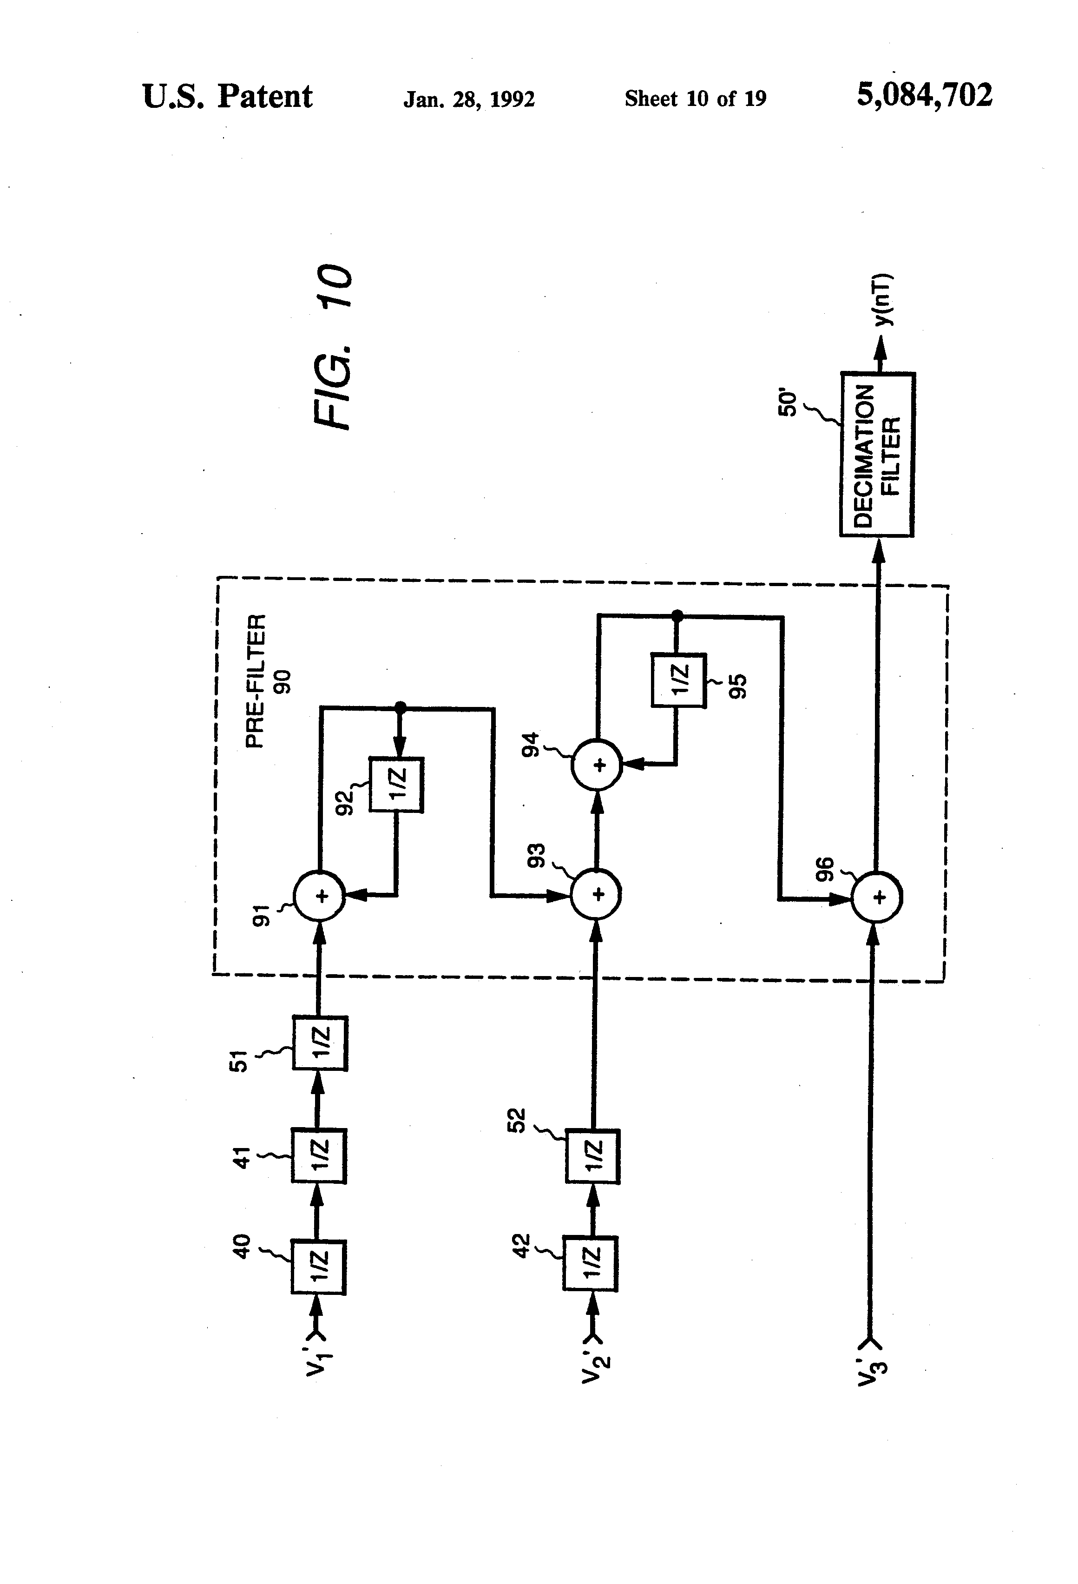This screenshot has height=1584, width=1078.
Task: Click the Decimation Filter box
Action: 876,455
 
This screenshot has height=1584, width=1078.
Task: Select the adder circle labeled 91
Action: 320,896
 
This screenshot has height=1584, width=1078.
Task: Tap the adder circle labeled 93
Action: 596,895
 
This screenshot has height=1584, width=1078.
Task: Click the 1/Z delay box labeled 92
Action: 396,785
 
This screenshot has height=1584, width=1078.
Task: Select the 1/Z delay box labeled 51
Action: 320,1043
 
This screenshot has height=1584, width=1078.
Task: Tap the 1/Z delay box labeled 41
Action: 319,1156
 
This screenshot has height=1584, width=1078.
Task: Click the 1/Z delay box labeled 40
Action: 318,1267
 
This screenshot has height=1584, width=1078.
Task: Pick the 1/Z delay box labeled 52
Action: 592,1157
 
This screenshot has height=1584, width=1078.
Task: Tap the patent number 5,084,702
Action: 924,95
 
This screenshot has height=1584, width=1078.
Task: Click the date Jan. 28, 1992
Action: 469,99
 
